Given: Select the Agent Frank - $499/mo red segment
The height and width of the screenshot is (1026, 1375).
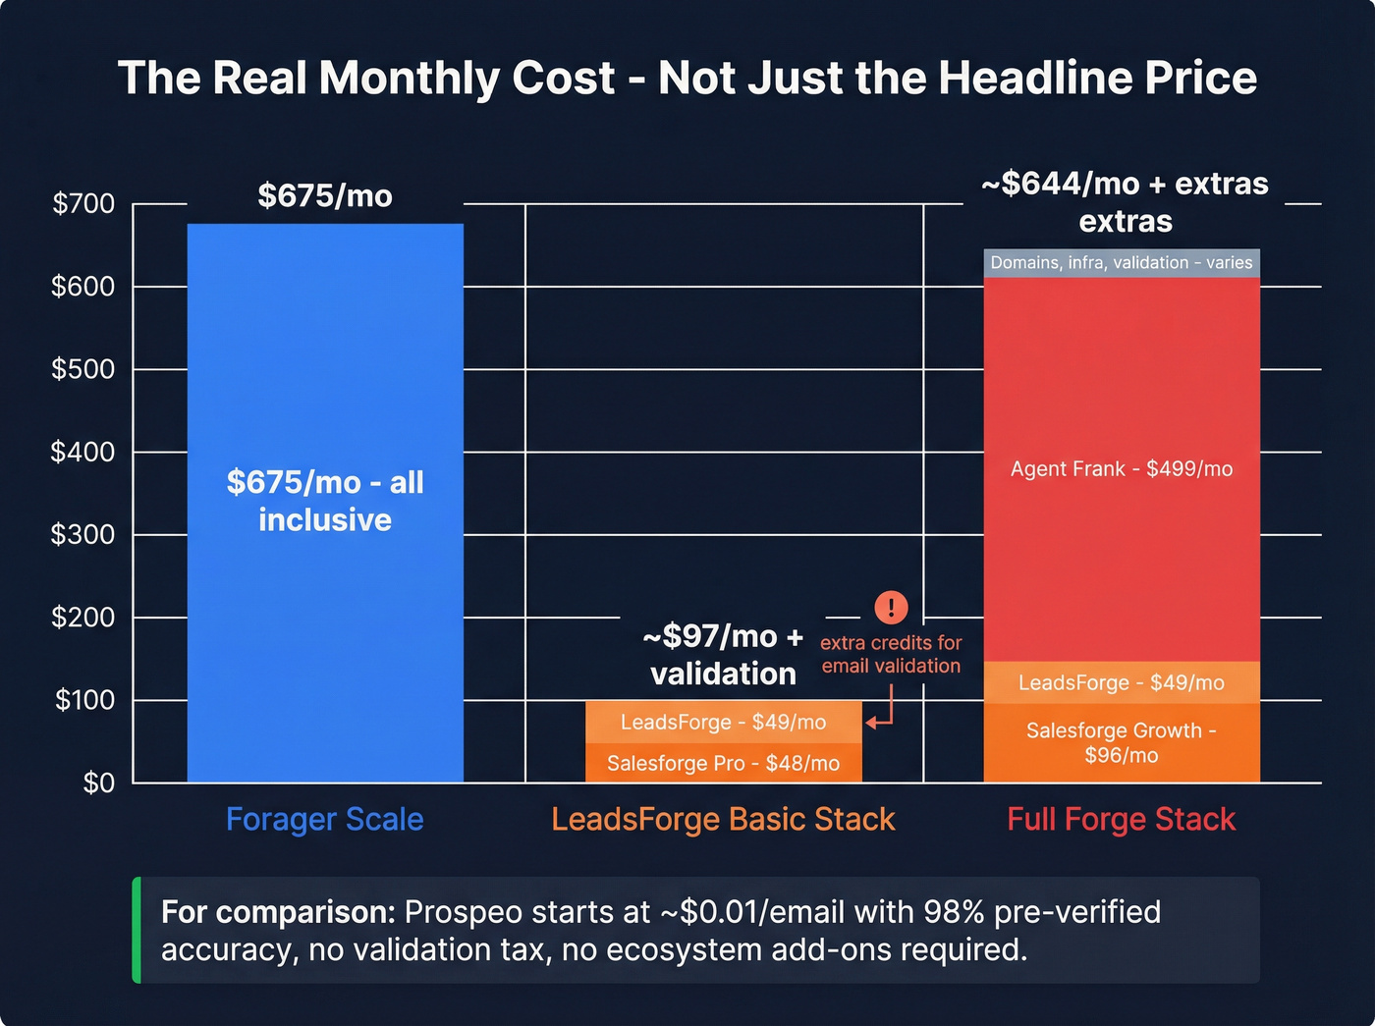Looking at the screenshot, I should [1121, 469].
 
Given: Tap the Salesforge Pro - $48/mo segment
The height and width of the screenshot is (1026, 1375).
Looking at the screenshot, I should [723, 763].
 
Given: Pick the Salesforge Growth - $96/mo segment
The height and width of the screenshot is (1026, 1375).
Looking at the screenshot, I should [1121, 743].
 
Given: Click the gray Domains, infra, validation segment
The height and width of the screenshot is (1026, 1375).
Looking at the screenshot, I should [1121, 263].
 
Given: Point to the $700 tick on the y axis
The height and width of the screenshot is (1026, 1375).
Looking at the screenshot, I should [83, 204].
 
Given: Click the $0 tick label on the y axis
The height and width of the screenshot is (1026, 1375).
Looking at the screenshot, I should [98, 783].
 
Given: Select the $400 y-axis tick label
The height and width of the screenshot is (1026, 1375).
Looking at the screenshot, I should [83, 452].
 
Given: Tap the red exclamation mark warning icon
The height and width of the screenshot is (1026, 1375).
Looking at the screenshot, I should [891, 607].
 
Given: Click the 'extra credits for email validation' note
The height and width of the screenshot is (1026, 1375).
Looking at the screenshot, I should [891, 654].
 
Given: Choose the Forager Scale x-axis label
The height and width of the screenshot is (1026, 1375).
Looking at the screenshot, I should [325, 819].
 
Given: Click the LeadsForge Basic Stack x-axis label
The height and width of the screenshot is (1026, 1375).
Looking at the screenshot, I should [723, 819].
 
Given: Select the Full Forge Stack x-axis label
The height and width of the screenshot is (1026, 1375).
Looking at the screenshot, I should [1121, 819].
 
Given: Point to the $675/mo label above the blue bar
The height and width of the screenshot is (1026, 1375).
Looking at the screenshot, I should [325, 195].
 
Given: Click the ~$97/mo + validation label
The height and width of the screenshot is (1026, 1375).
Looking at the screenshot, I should [723, 655].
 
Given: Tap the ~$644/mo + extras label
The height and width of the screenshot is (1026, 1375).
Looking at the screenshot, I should [1125, 201].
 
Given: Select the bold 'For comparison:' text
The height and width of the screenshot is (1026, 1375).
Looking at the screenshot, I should [278, 912].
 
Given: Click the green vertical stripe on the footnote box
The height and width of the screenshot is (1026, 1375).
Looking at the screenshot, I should [137, 930].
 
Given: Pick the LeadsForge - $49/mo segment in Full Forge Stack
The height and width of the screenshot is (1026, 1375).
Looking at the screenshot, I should [1121, 682].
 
